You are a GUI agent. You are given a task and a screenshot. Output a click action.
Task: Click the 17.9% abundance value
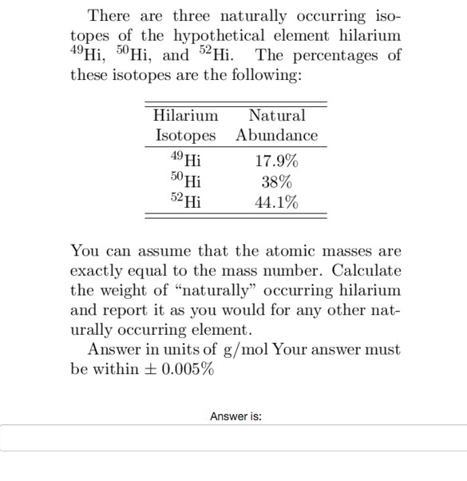(x=276, y=161)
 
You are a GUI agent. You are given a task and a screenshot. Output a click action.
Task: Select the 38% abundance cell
(x=276, y=181)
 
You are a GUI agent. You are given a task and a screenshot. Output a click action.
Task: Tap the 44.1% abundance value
(x=276, y=202)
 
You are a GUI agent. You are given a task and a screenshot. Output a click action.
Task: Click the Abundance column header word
(x=276, y=135)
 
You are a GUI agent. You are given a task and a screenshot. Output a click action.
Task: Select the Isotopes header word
(x=185, y=135)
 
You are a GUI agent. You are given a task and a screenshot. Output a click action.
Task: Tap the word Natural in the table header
(x=276, y=116)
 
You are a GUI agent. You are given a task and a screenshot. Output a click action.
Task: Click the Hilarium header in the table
(x=185, y=116)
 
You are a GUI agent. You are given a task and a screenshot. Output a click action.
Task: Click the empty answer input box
(x=233, y=438)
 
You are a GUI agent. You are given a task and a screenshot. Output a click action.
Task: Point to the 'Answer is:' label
(x=235, y=415)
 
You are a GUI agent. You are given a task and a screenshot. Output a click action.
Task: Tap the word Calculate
(x=369, y=270)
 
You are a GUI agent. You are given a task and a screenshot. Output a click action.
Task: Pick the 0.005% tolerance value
(x=186, y=369)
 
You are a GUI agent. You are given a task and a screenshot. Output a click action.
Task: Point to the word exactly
(x=99, y=270)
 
